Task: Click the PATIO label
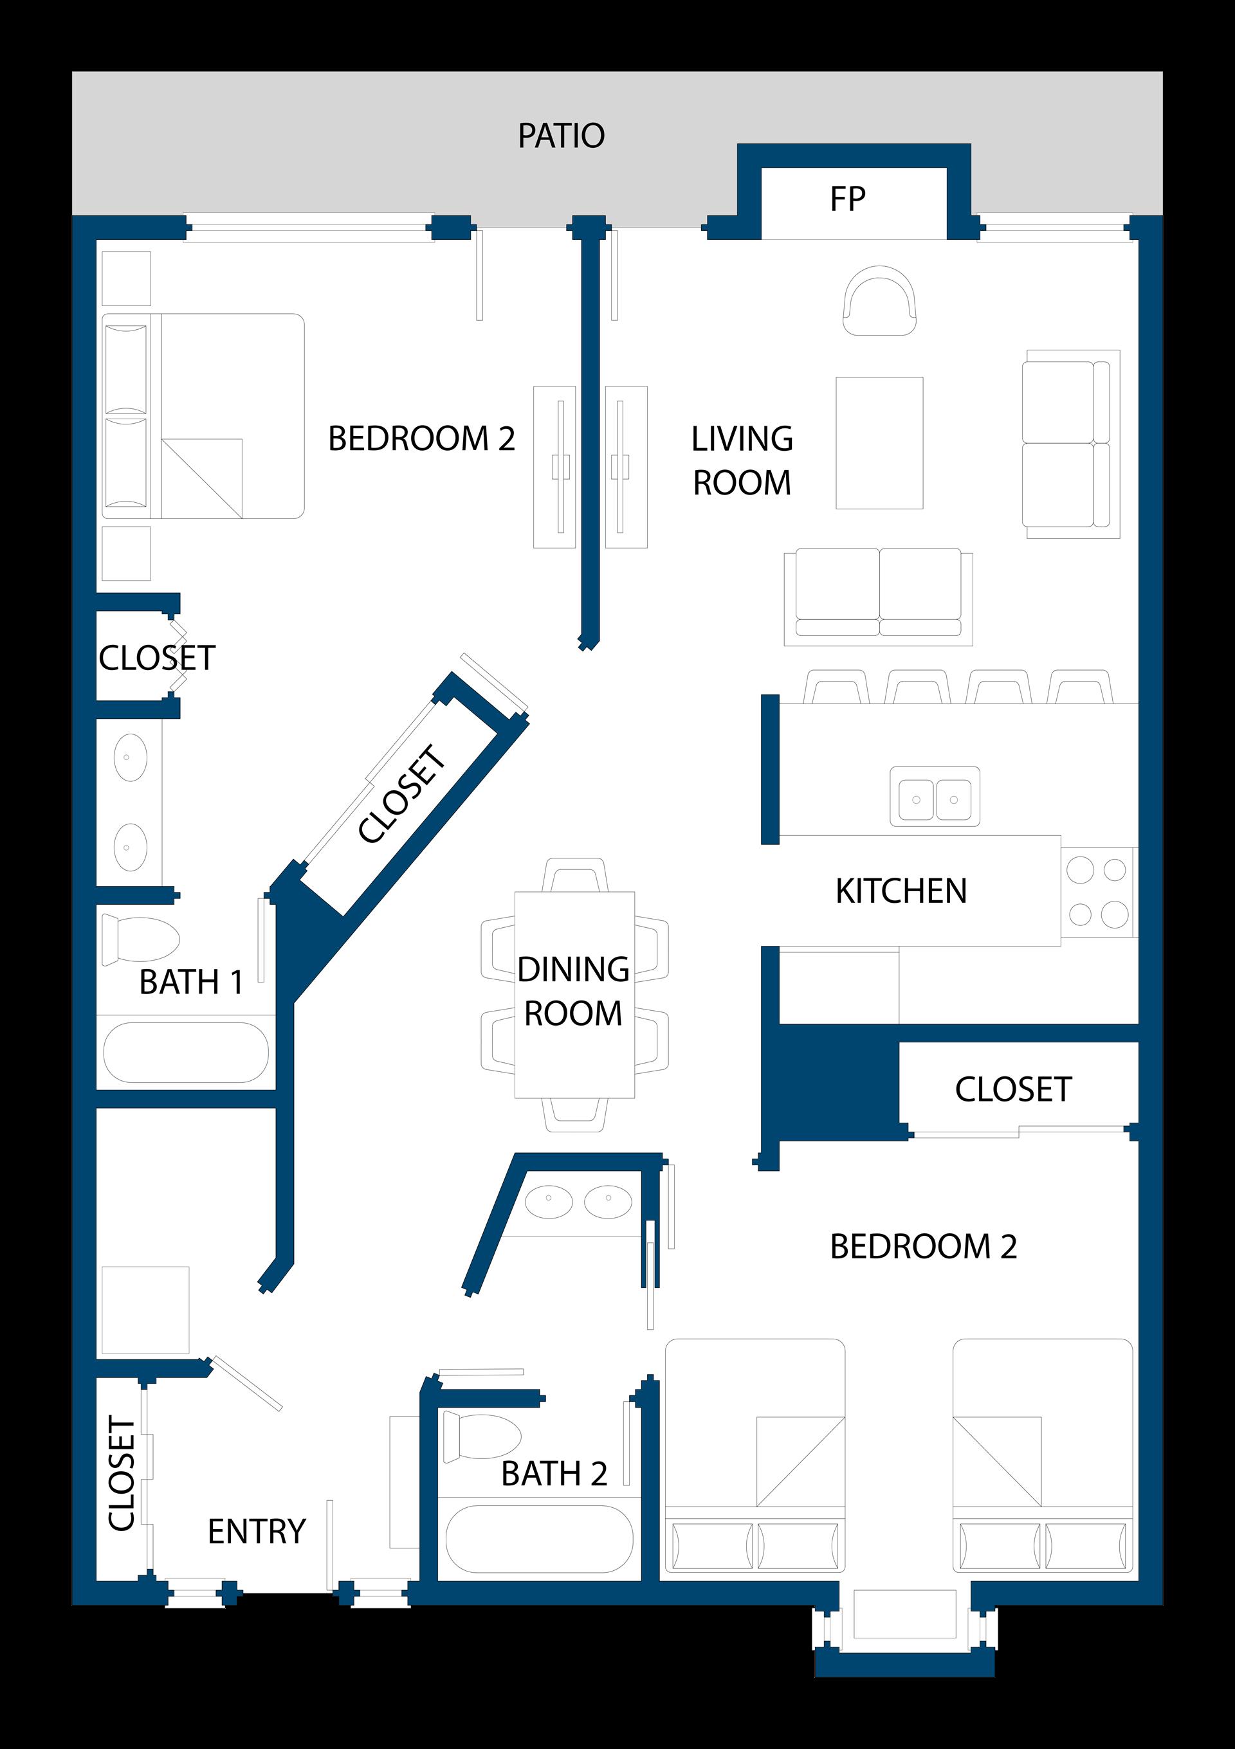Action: (562, 136)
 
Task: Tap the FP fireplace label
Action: (847, 199)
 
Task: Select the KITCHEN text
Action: (901, 891)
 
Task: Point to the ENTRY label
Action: (257, 1531)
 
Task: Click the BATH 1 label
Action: (191, 982)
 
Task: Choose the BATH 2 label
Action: (554, 1474)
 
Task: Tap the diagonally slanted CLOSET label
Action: (401, 795)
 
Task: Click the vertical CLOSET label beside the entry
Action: (122, 1473)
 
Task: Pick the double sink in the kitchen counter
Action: (935, 797)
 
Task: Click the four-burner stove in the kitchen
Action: (1098, 892)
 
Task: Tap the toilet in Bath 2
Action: (482, 1437)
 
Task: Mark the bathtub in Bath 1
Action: (186, 1052)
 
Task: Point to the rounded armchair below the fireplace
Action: (880, 300)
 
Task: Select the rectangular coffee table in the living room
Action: (879, 442)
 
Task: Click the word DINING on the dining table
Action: (573, 970)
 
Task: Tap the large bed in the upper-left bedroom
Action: (203, 416)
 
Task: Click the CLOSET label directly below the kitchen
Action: (1013, 1089)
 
